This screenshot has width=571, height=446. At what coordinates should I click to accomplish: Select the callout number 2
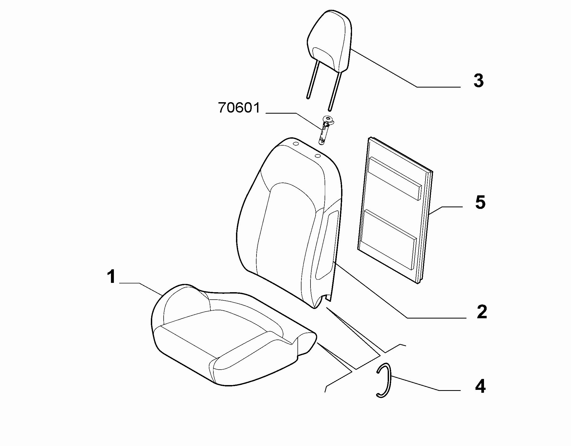tap(482, 312)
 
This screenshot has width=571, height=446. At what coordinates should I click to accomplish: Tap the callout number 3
tap(479, 81)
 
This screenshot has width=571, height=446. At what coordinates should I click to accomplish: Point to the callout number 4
tap(480, 386)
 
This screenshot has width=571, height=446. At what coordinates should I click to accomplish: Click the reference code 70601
tap(239, 108)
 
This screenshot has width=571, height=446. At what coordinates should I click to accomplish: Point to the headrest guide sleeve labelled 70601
tap(325, 130)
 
